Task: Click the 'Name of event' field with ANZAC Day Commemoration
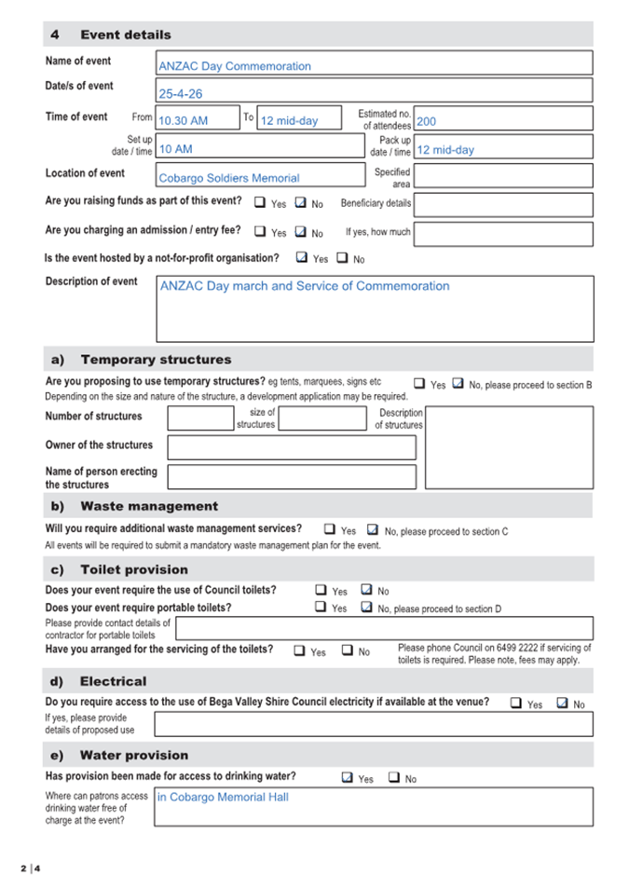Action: click(x=374, y=63)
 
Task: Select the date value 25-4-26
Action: click(x=374, y=91)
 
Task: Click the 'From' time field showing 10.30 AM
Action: click(x=198, y=119)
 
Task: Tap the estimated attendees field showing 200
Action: click(x=502, y=119)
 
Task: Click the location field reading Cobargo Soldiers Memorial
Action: click(x=260, y=176)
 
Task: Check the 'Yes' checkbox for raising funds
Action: click(x=261, y=202)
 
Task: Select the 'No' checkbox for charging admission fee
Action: click(x=301, y=232)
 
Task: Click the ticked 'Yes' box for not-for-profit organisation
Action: click(x=302, y=258)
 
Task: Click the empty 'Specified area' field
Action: click(x=502, y=176)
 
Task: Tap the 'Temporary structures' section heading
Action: click(x=156, y=359)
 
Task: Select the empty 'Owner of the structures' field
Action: click(x=291, y=447)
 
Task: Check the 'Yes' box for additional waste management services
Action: click(x=330, y=529)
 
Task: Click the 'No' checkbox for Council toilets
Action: click(x=366, y=590)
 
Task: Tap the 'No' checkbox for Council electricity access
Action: click(x=562, y=704)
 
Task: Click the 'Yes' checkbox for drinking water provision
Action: click(x=348, y=777)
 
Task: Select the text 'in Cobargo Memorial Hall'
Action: click(x=224, y=797)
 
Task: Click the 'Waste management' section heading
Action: click(x=149, y=506)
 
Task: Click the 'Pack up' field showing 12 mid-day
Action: click(x=502, y=148)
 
